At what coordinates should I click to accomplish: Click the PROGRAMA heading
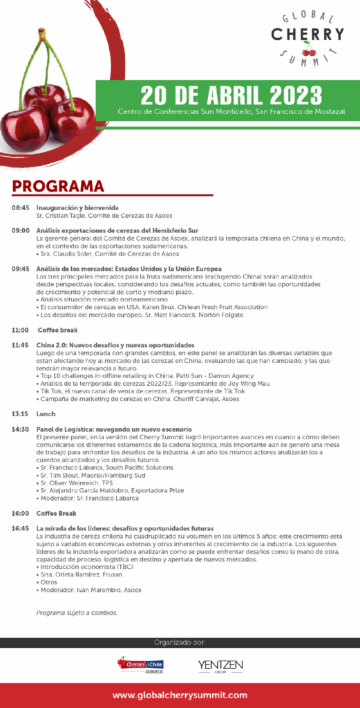coord(58,186)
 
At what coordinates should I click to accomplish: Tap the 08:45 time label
coord(20,208)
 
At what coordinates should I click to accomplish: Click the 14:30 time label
coord(20,429)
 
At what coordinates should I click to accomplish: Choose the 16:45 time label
coord(20,528)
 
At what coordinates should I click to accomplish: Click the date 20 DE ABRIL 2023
coord(231,93)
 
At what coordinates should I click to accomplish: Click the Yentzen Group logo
coord(220,666)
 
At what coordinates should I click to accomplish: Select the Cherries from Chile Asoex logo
coord(141,666)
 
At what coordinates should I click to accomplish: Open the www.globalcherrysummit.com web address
coord(180,695)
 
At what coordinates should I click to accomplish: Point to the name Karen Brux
coord(171,306)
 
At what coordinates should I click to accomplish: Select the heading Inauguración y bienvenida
coord(77,208)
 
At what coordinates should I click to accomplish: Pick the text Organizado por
coord(180,643)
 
